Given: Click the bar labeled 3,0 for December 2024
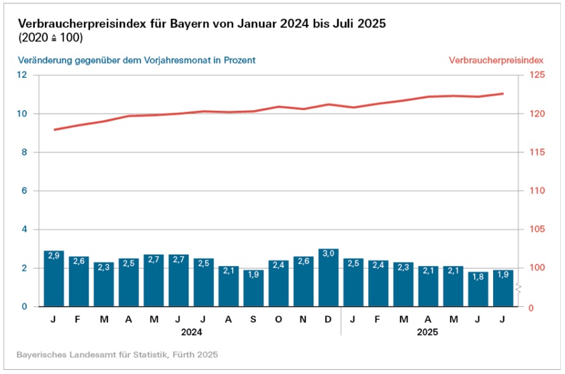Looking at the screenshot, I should click(x=329, y=278).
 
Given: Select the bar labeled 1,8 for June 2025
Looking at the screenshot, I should click(x=478, y=289).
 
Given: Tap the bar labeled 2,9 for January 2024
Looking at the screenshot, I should click(x=54, y=279).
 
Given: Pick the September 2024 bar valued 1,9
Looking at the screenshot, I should click(x=253, y=288).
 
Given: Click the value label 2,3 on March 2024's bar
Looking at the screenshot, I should click(x=103, y=267).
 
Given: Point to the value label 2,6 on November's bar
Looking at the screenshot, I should click(x=303, y=261).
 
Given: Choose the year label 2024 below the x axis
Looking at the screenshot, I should click(x=191, y=332).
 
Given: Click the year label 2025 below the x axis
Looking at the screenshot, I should click(x=428, y=332).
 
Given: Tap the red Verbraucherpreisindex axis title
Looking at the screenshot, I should click(x=495, y=60).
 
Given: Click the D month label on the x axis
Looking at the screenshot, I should click(x=328, y=319).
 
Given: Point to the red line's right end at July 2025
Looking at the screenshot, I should click(x=503, y=93).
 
